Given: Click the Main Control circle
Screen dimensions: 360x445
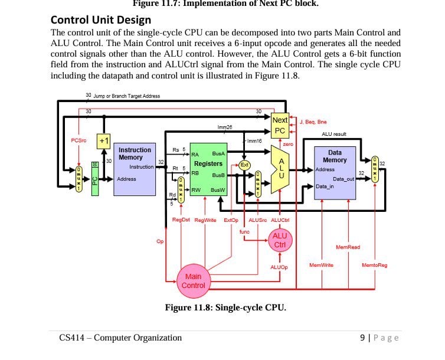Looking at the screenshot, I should (194, 281).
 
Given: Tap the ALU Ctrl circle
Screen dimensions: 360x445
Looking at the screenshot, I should (280, 240).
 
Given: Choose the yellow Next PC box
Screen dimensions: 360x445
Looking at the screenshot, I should (280, 125).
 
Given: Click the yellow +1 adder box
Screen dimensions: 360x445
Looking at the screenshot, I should (104, 141).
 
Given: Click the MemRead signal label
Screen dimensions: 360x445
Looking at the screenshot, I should (348, 247).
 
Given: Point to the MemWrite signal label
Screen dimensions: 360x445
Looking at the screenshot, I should (321, 266).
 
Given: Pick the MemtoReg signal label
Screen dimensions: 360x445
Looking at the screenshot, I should (375, 266).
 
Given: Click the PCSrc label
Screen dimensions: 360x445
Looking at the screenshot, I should (78, 140).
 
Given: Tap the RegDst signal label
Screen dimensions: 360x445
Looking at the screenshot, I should (180, 220).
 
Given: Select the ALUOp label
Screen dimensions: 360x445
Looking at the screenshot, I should (279, 267).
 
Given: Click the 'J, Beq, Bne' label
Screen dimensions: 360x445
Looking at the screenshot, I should (313, 122).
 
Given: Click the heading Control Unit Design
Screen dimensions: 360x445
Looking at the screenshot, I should (101, 19).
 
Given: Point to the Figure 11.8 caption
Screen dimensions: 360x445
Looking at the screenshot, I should (225, 307).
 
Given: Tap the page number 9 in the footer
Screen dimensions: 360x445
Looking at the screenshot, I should (362, 338).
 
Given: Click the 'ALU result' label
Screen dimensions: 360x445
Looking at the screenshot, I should (333, 135).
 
